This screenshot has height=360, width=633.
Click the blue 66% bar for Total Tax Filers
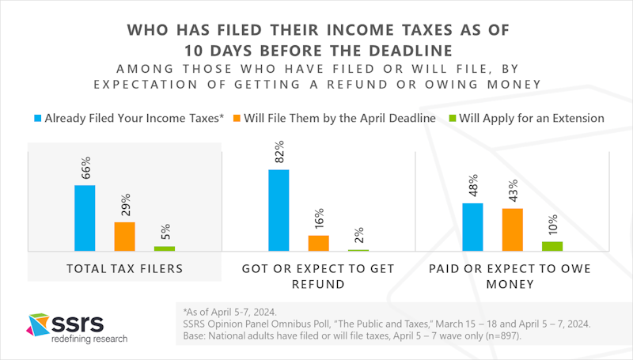click(x=85, y=218)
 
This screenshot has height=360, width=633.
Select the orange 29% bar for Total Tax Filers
click(x=125, y=237)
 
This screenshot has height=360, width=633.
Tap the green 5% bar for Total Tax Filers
click(x=165, y=248)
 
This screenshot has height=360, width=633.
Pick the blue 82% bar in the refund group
click(x=279, y=210)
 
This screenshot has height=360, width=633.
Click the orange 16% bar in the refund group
click(x=319, y=244)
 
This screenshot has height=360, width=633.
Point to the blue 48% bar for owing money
click(x=472, y=227)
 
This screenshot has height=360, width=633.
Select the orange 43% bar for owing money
click(x=513, y=229)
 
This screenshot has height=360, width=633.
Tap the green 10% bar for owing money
click(x=552, y=246)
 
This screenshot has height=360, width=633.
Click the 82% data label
click(x=279, y=152)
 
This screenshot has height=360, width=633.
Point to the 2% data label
click(x=358, y=235)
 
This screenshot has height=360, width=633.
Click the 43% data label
click(x=513, y=191)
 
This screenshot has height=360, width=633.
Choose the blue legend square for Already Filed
click(x=37, y=118)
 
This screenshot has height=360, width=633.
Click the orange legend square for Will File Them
click(x=237, y=118)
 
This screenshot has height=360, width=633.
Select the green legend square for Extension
click(x=452, y=118)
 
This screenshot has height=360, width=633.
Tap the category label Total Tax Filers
click(x=125, y=269)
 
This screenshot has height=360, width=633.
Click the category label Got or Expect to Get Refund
click(x=318, y=276)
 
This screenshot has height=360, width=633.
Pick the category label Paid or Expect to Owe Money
click(x=510, y=276)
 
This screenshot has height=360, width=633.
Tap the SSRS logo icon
click(x=38, y=324)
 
